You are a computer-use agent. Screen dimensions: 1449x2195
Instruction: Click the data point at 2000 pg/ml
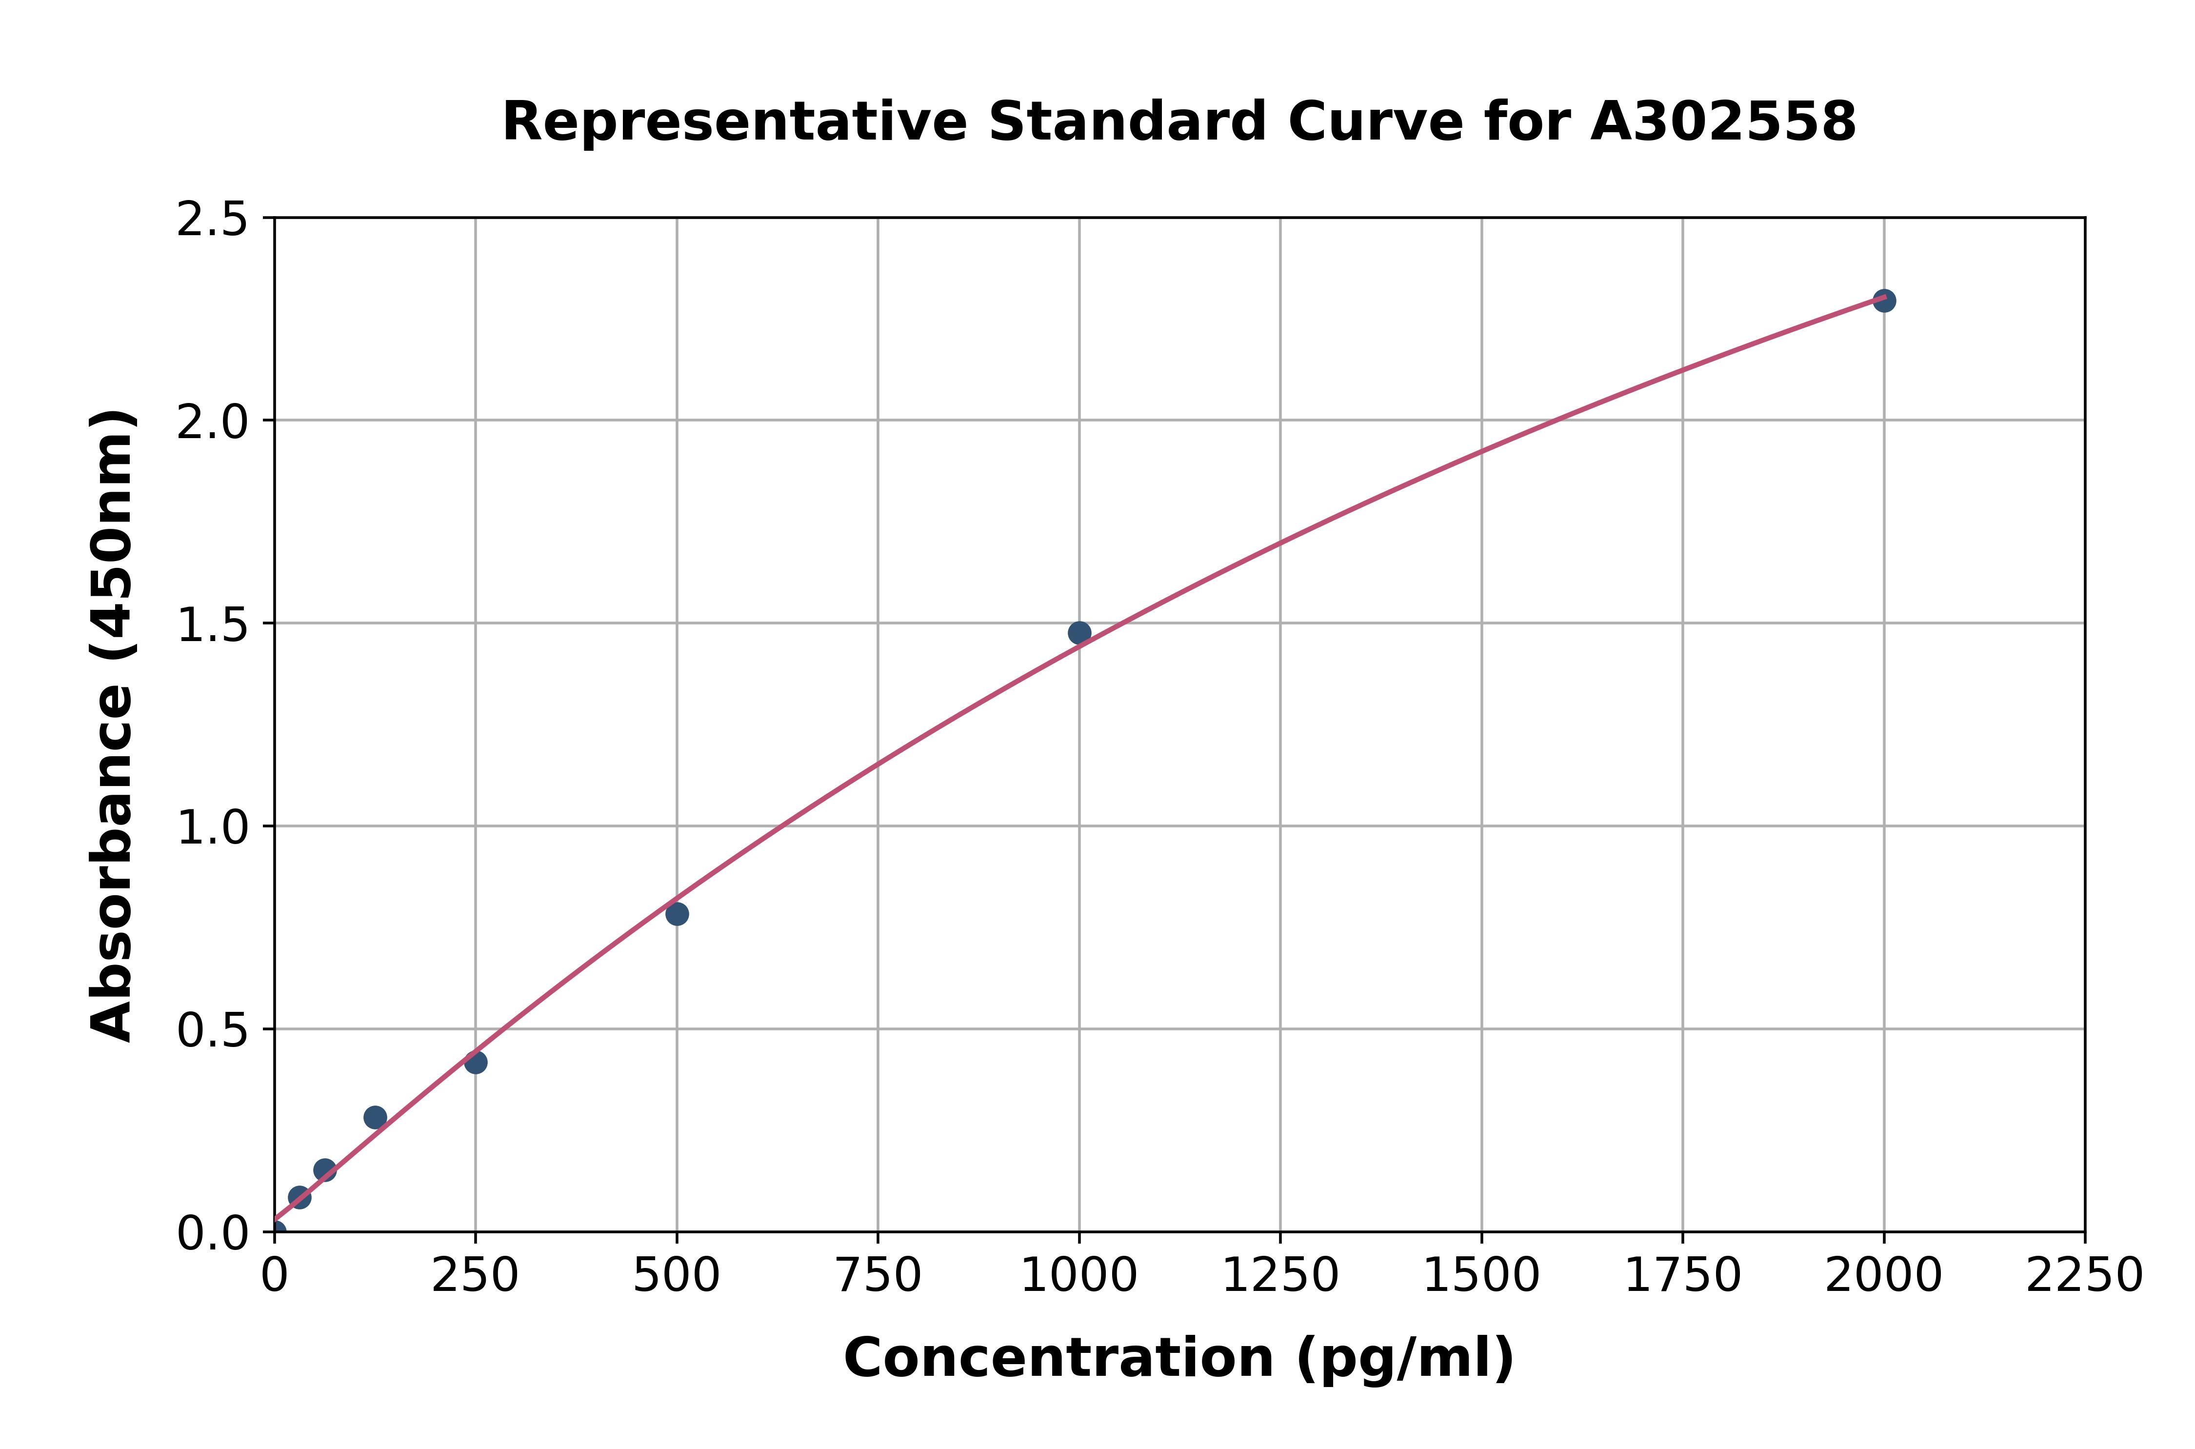[x=1884, y=301]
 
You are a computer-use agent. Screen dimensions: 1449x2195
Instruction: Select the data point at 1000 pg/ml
[x=1079, y=633]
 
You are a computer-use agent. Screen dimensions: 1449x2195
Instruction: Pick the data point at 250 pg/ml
[x=476, y=1063]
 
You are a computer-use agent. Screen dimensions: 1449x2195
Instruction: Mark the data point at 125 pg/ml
[x=375, y=1117]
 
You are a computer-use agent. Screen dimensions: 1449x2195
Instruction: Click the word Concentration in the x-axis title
[x=1058, y=1358]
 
